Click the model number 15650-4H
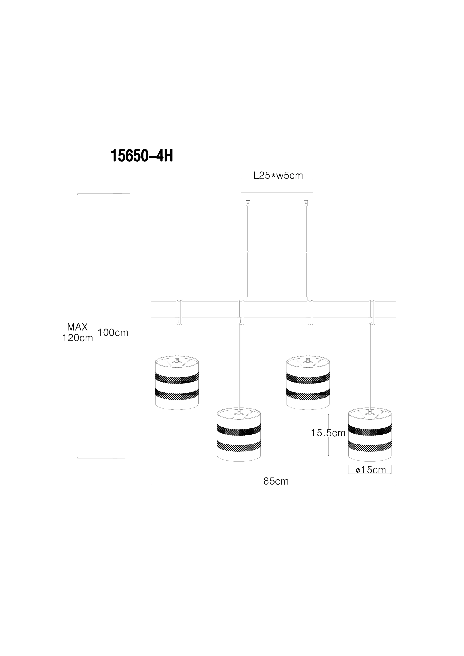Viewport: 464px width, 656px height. tap(142, 156)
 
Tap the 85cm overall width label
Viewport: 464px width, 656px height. tap(276, 481)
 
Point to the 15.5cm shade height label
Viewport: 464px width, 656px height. tap(328, 433)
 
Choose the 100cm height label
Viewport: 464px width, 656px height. tap(113, 332)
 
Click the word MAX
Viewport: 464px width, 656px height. tap(77, 327)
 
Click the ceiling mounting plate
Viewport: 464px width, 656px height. tap(277, 196)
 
